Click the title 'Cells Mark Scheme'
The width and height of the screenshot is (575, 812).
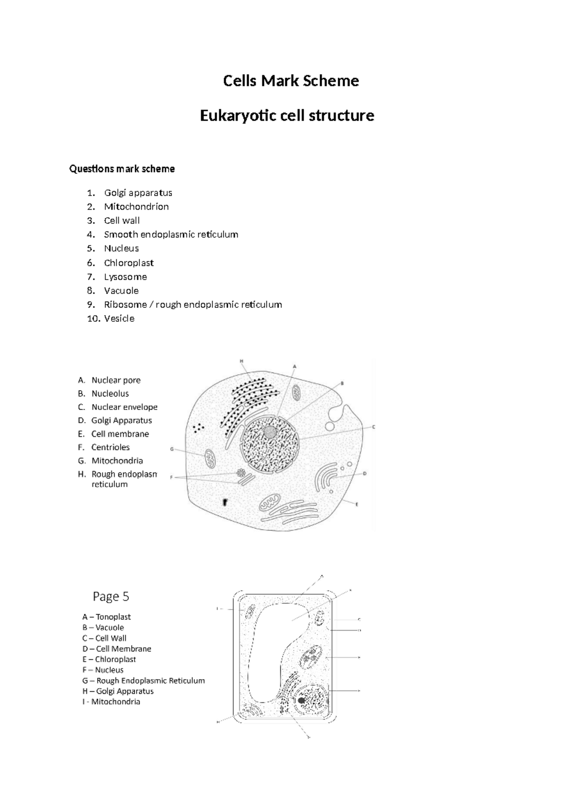pyautogui.click(x=291, y=81)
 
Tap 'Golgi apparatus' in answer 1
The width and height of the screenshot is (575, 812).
pyautogui.click(x=138, y=193)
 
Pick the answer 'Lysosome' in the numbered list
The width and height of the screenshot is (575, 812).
pyautogui.click(x=125, y=277)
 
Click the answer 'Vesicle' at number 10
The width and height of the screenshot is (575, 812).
pyautogui.click(x=119, y=319)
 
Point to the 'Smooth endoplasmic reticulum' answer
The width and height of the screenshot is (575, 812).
pyautogui.click(x=171, y=235)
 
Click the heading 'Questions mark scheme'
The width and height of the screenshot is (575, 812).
pyautogui.click(x=122, y=169)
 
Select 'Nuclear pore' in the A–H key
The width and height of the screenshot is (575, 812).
pyautogui.click(x=116, y=380)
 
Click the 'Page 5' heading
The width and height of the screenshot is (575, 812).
pyautogui.click(x=111, y=597)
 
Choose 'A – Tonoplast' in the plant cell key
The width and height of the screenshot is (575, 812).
pyautogui.click(x=106, y=617)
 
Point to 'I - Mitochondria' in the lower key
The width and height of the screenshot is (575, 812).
pyautogui.click(x=111, y=702)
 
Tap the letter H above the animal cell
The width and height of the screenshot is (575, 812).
pyautogui.click(x=241, y=361)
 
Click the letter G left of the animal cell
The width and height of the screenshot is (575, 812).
pyautogui.click(x=172, y=449)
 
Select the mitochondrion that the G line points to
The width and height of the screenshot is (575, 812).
pyautogui.click(x=210, y=459)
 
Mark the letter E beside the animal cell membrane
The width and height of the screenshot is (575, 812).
pyautogui.click(x=357, y=504)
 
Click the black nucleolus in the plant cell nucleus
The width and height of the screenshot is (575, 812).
pyautogui.click(x=301, y=700)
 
